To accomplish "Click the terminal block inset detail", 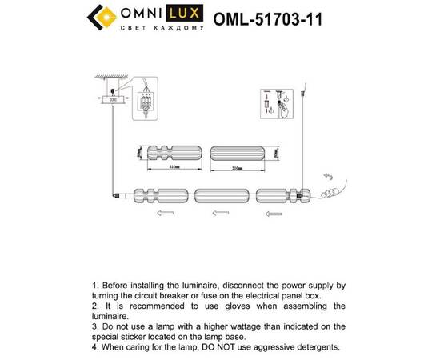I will (146, 102).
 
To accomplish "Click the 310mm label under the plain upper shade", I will (237, 169).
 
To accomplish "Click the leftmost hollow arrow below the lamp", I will (166, 214).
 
